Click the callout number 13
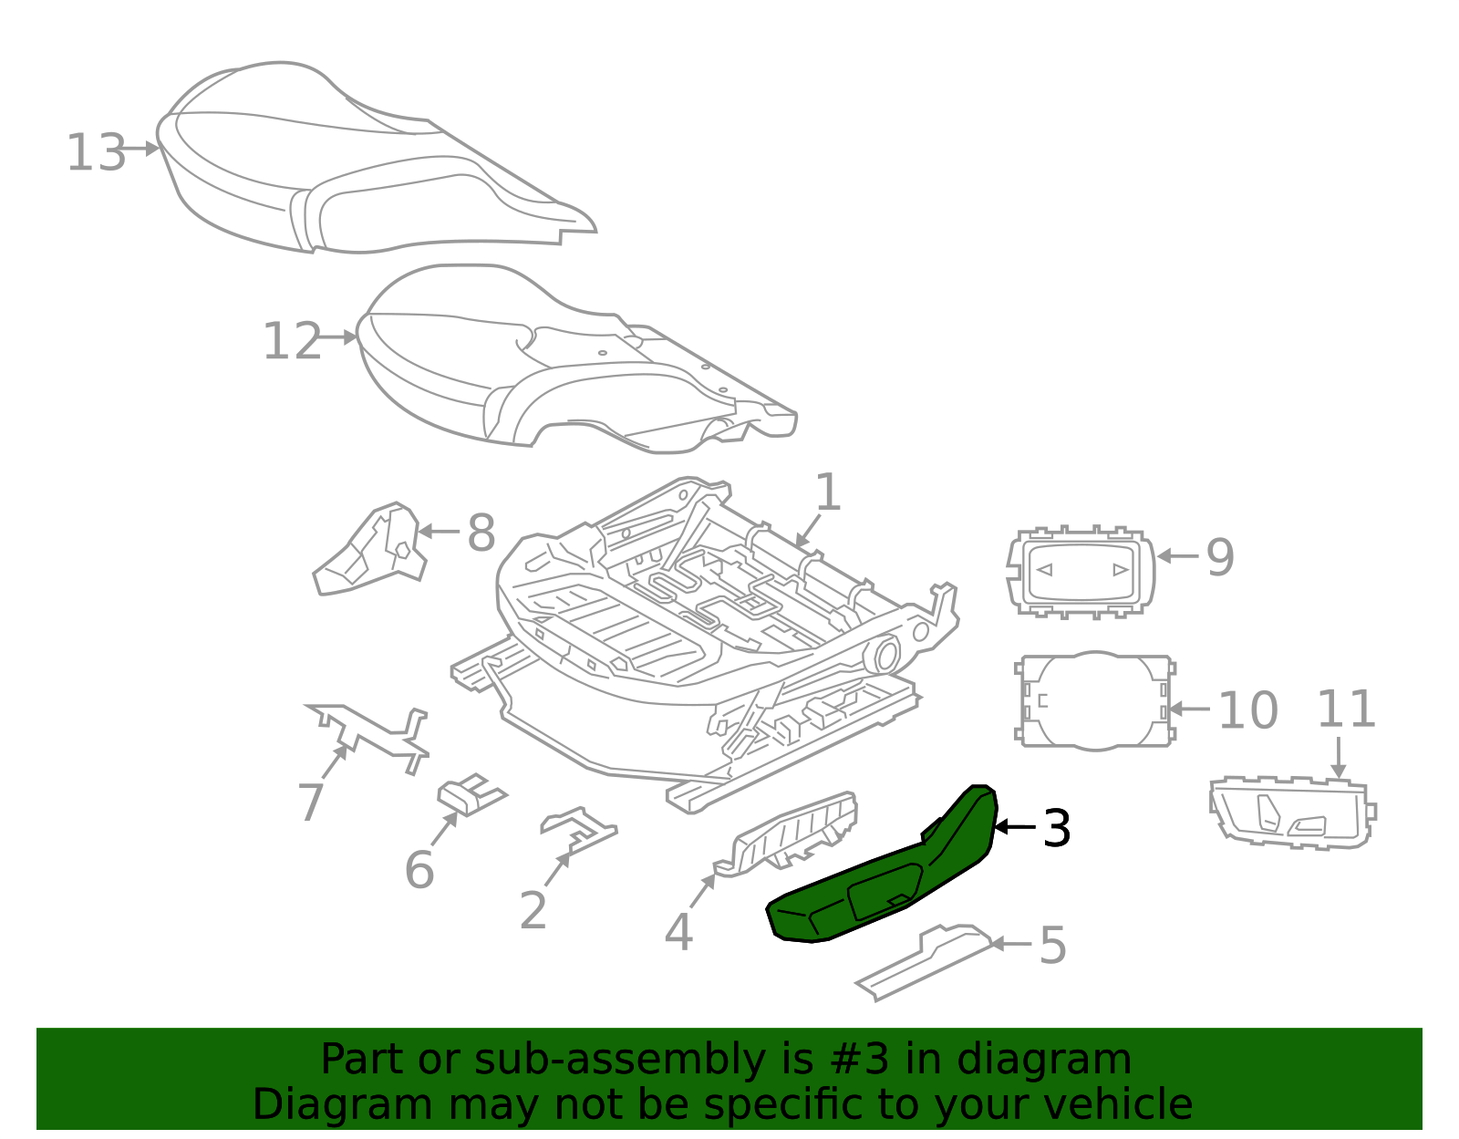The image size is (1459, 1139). [96, 152]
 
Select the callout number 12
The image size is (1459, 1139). [292, 341]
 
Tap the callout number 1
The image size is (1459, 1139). [827, 492]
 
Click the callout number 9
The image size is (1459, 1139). [1220, 557]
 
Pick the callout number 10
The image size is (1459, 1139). [1247, 710]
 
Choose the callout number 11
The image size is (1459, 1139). [1346, 709]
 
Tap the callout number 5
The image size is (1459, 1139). [1052, 945]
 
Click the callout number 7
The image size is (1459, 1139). [311, 802]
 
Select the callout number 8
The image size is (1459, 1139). [481, 533]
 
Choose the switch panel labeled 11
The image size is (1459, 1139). [1290, 812]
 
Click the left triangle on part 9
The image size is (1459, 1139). [1045, 570]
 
